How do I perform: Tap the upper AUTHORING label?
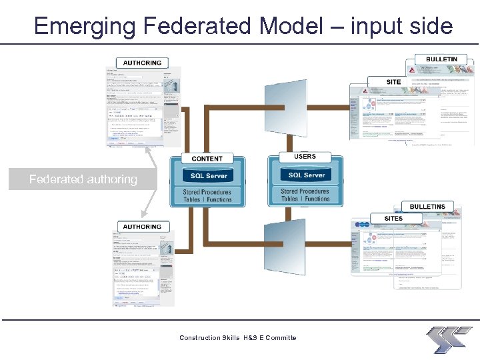pyautogui.click(x=142, y=63)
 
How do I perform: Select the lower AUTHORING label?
pyautogui.click(x=142, y=227)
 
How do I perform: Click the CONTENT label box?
pyautogui.click(x=207, y=159)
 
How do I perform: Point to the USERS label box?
pyautogui.click(x=305, y=157)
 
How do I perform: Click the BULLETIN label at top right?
pyautogui.click(x=441, y=59)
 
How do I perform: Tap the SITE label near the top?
pyautogui.click(x=393, y=82)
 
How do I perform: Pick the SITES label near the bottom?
pyautogui.click(x=393, y=218)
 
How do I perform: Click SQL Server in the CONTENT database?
pyautogui.click(x=209, y=176)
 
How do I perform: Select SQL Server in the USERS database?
pyautogui.click(x=306, y=175)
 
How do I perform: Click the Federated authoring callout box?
pyautogui.click(x=83, y=179)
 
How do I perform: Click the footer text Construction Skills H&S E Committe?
pyautogui.click(x=238, y=338)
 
